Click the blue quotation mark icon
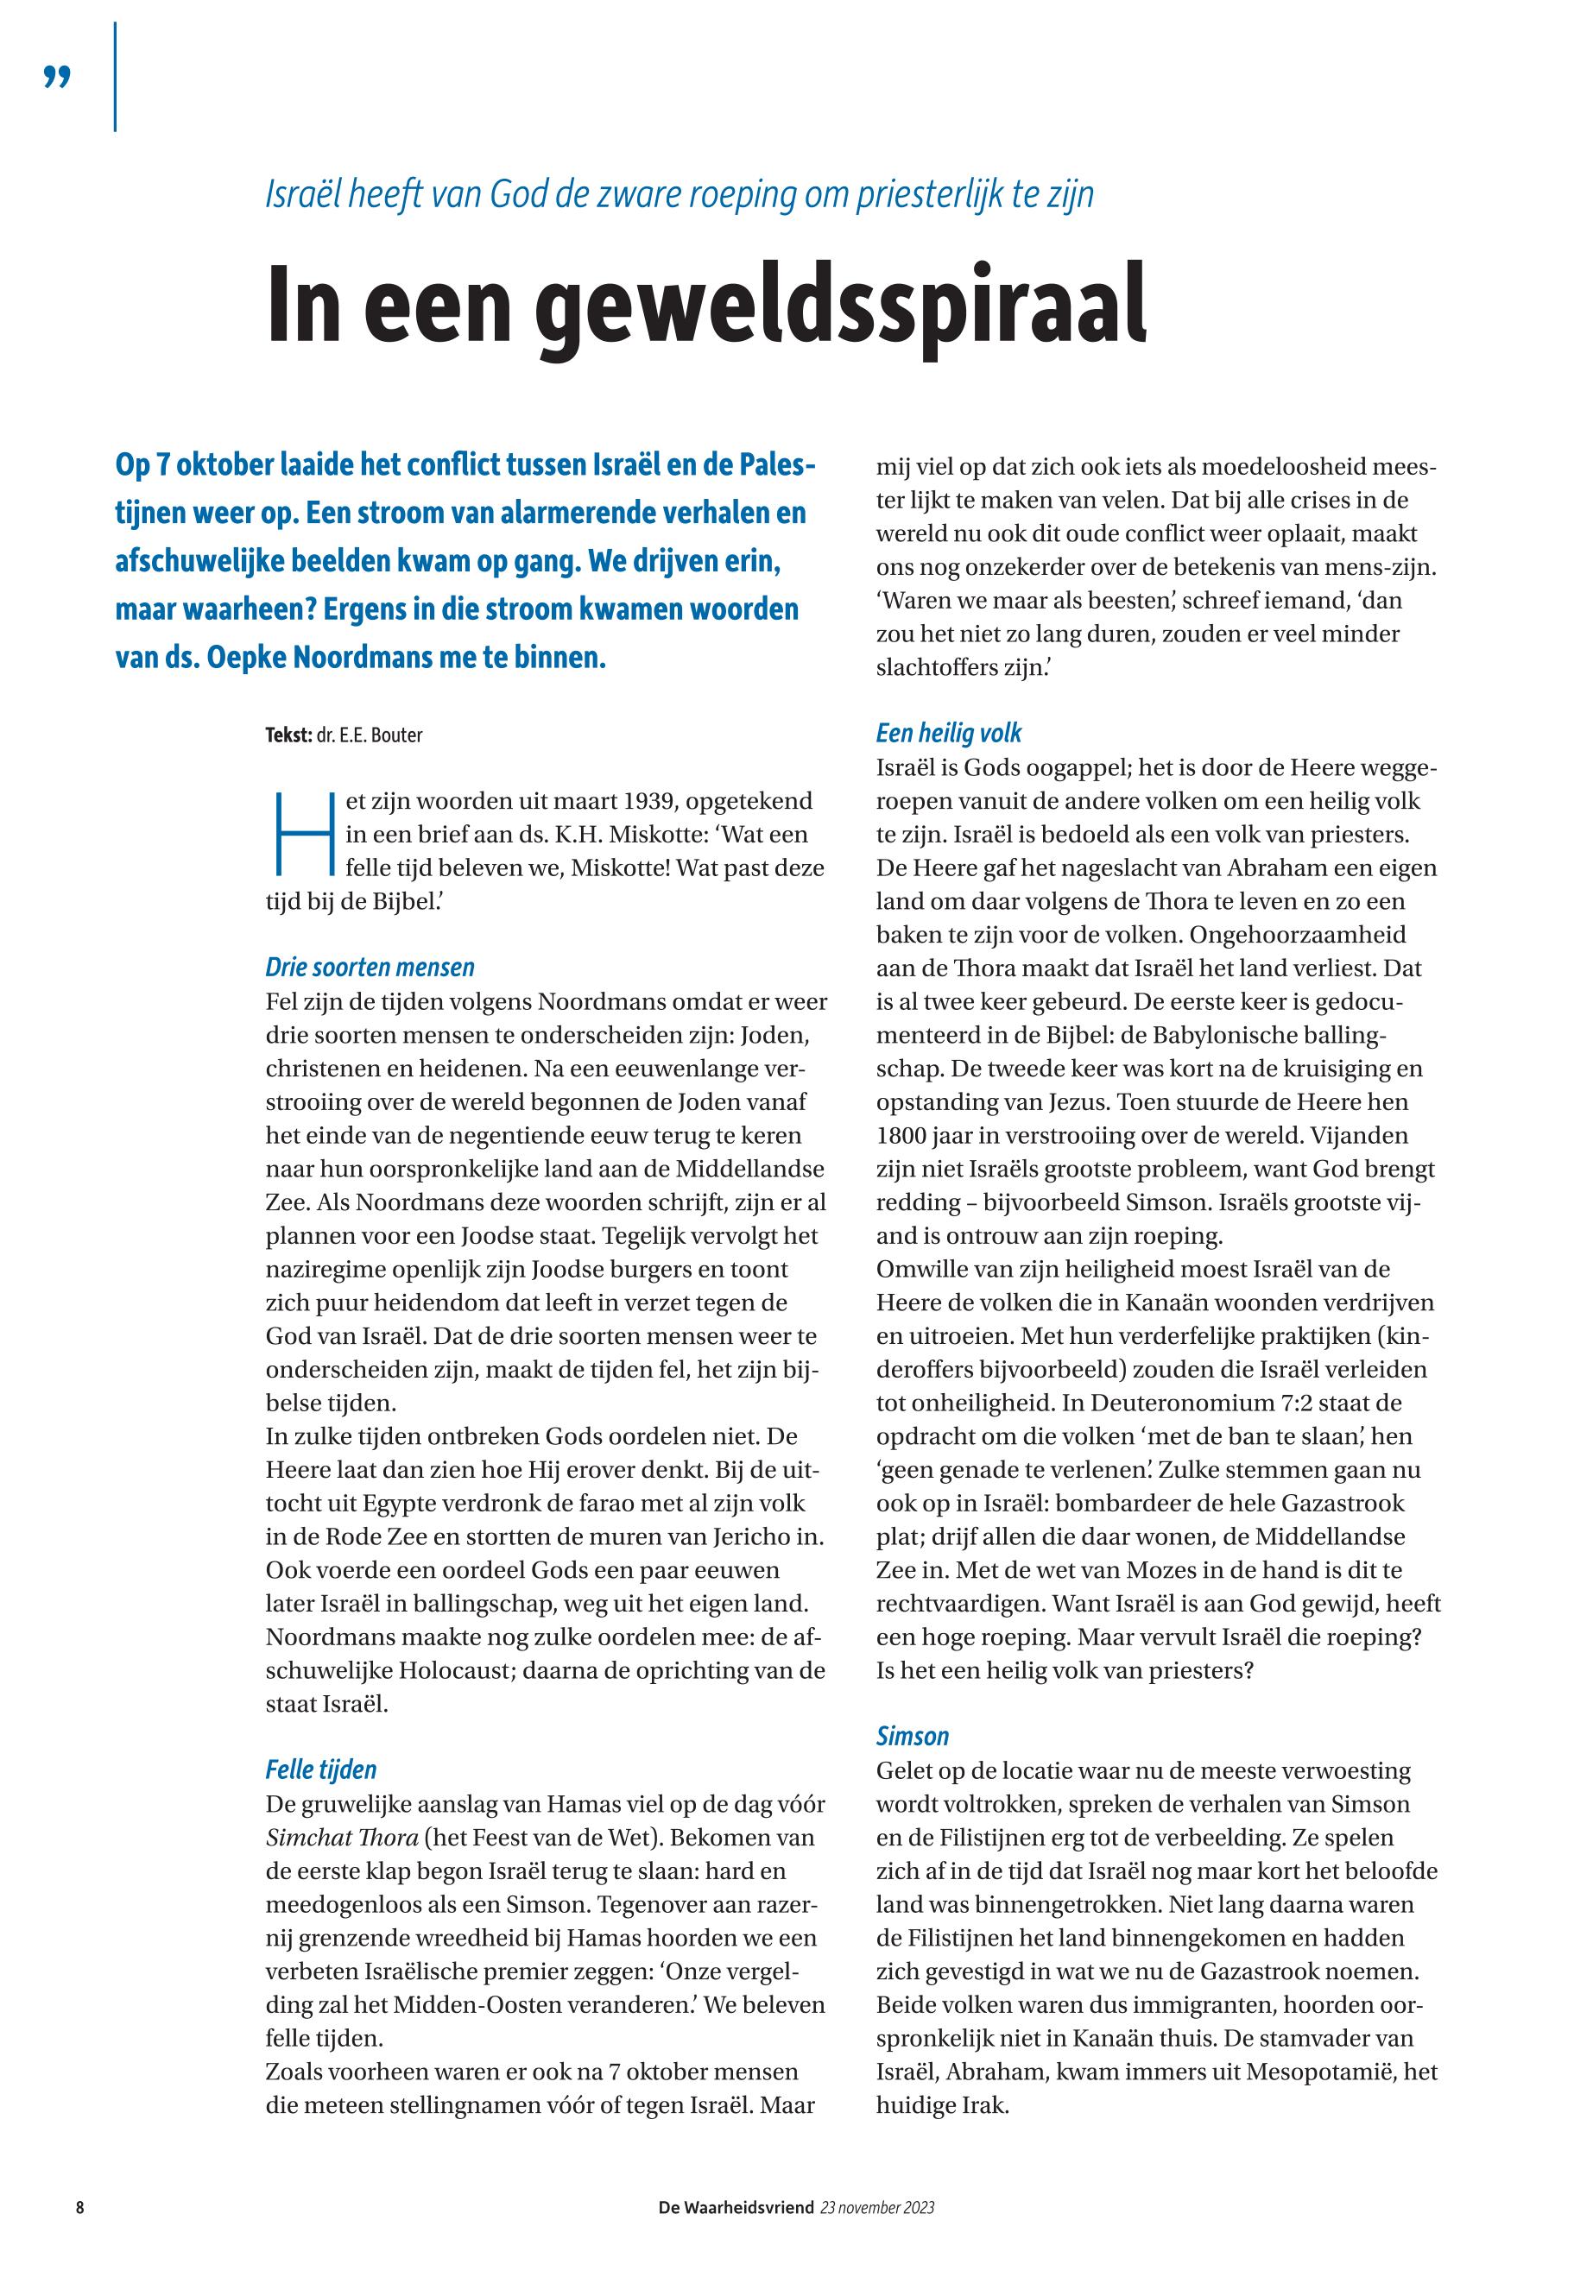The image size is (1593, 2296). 58,78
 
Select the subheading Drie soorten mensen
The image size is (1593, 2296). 370,967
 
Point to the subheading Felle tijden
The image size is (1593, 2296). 320,1769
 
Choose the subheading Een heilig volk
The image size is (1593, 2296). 948,734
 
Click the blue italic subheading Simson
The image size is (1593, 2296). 913,1735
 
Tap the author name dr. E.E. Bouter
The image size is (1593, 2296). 370,735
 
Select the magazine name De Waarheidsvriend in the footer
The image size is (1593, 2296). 736,2207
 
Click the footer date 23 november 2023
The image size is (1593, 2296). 877,2207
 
